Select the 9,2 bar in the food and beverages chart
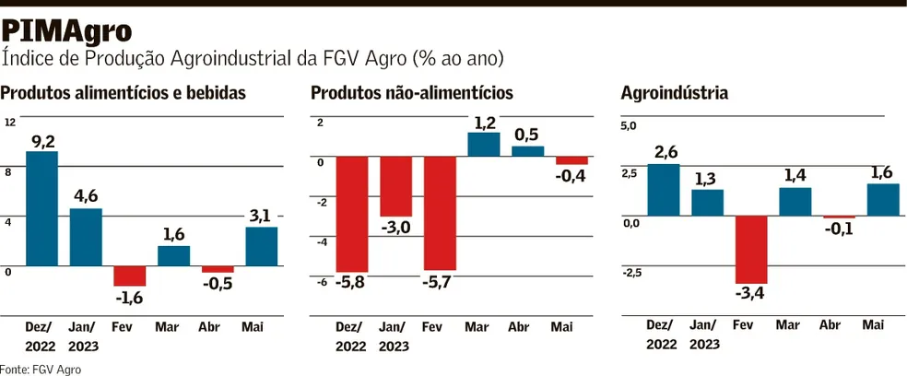pyautogui.click(x=42, y=208)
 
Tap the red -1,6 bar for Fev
pyautogui.click(x=130, y=276)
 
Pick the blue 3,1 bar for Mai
pyautogui.click(x=262, y=246)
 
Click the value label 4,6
pyautogui.click(x=86, y=195)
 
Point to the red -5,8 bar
pyautogui.click(x=352, y=214)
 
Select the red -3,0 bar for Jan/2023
pyautogui.click(x=396, y=186)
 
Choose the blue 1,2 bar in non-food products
pyautogui.click(x=484, y=145)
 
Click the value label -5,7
pyautogui.click(x=440, y=281)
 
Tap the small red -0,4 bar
pyautogui.click(x=571, y=160)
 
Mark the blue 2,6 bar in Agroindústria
pyautogui.click(x=664, y=190)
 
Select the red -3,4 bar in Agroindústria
pyautogui.click(x=751, y=250)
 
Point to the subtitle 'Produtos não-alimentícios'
pyautogui.click(x=412, y=93)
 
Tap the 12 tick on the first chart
pyautogui.click(x=9, y=123)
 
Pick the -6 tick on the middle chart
pyautogui.click(x=322, y=283)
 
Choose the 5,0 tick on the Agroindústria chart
pyautogui.click(x=629, y=125)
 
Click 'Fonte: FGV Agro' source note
pyautogui.click(x=41, y=369)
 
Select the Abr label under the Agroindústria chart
pyautogui.click(x=830, y=325)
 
